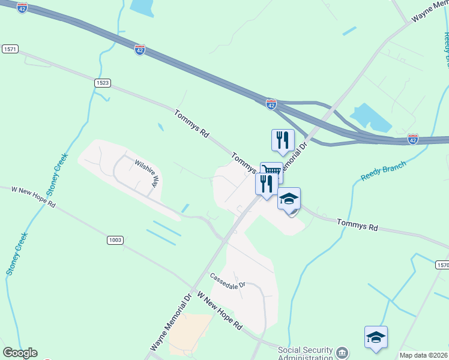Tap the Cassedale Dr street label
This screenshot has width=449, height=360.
tap(228, 280)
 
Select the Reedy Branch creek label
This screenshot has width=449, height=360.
tap(384, 170)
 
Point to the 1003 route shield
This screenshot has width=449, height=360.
tap(116, 240)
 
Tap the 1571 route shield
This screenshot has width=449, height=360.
tap(9, 47)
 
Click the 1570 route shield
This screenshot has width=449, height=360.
tap(442, 264)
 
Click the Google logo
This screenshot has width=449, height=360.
tap(20, 353)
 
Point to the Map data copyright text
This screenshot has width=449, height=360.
tap(424, 355)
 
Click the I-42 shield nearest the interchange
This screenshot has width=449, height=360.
tap(271, 104)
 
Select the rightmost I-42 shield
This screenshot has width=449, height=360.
tap(413, 139)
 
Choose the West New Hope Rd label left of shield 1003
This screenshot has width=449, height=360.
tap(33, 197)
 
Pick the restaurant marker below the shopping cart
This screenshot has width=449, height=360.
tap(266, 184)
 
